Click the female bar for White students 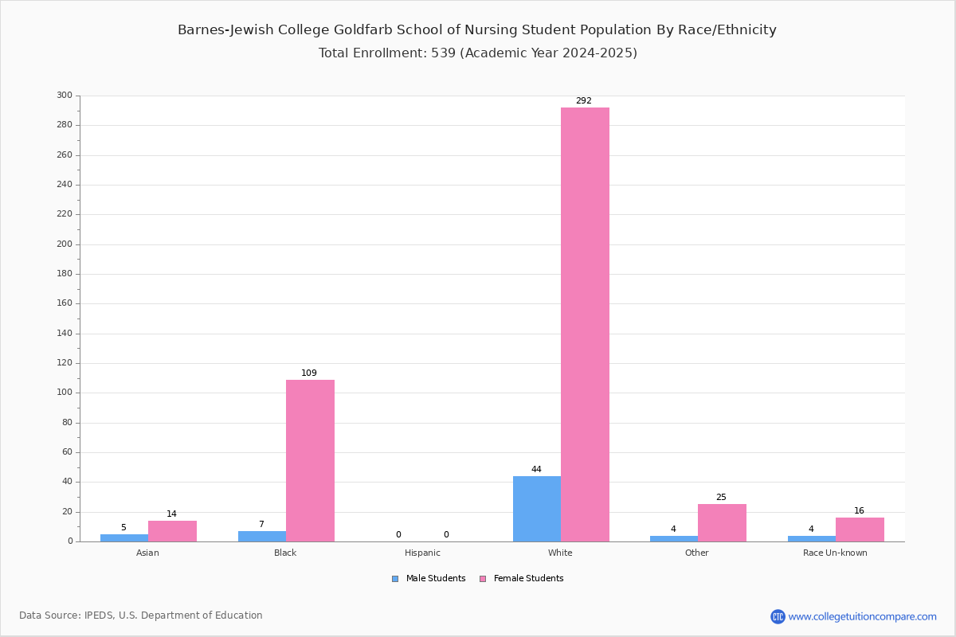point(585,324)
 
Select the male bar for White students point(536,509)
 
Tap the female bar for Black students point(310,460)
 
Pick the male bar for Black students point(261,537)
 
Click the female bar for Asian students point(172,531)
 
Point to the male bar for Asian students point(123,538)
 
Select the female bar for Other point(722,523)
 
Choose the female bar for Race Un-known point(860,530)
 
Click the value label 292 point(584,101)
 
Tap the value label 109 point(309,373)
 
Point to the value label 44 point(536,470)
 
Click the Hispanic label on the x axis point(422,553)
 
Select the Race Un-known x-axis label point(835,553)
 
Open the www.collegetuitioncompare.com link point(862,616)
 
